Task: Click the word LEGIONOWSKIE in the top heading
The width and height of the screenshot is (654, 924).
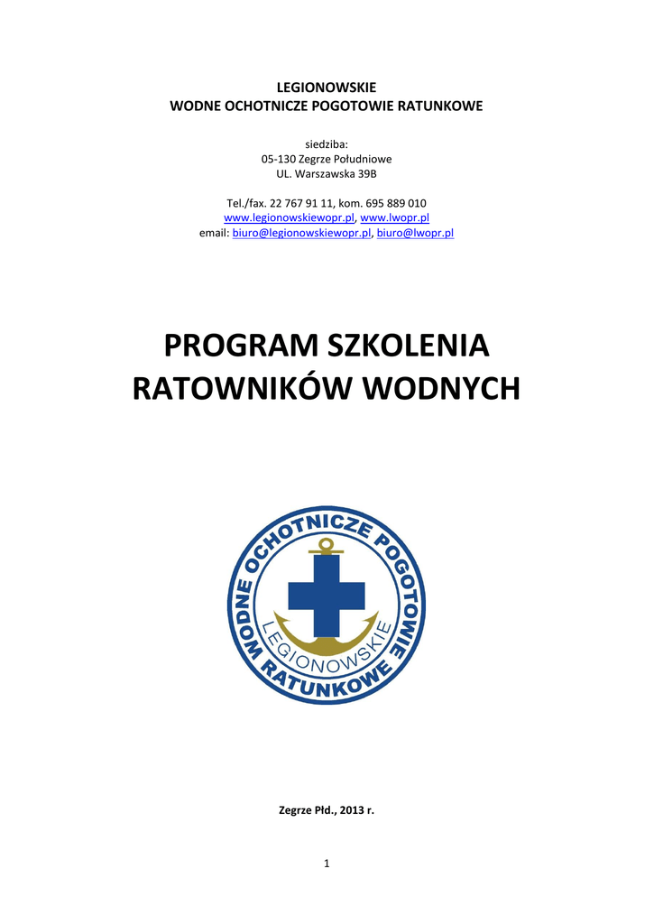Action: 327,88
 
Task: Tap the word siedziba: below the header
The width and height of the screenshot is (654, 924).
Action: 327,143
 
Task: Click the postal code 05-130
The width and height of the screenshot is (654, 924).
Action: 279,159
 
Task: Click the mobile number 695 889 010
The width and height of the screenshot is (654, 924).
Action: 396,203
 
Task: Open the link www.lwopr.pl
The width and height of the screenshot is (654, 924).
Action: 394,217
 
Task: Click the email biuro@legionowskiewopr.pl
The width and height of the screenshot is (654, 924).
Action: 302,233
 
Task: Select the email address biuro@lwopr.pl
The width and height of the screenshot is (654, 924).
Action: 415,233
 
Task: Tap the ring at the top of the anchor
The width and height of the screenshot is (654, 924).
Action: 327,545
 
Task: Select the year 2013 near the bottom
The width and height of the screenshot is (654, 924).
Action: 345,810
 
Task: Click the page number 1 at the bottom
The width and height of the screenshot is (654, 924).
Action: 327,864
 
